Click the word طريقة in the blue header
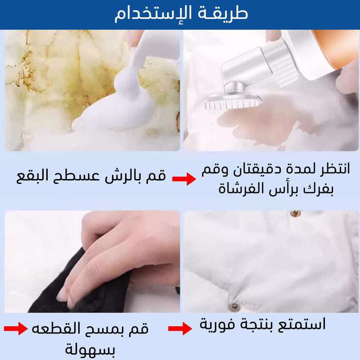click(223, 13)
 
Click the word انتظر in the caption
click(335, 169)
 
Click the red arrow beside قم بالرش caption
click(184, 179)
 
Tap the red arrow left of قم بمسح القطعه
click(16, 328)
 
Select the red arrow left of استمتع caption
click(180, 328)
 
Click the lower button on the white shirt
click(235, 306)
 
